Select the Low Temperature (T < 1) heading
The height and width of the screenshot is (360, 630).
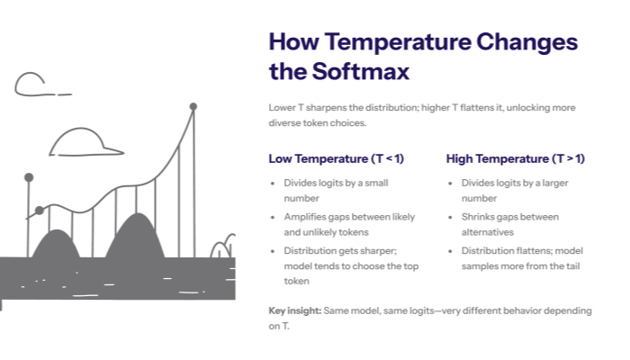click(x=336, y=158)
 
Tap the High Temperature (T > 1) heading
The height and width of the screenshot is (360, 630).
click(x=515, y=158)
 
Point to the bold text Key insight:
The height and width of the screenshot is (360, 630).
click(x=294, y=310)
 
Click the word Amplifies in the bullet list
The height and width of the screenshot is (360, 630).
click(x=306, y=217)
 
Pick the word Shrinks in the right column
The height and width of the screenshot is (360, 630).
click(x=480, y=217)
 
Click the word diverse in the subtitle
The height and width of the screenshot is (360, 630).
click(x=286, y=123)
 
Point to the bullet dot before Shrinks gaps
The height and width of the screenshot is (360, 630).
click(x=452, y=217)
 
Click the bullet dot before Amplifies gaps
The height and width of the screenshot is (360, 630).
click(x=274, y=217)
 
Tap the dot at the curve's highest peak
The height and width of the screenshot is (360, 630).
click(x=193, y=107)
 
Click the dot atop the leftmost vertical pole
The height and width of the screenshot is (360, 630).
click(x=29, y=177)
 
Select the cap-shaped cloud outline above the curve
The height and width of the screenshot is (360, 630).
click(x=85, y=142)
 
